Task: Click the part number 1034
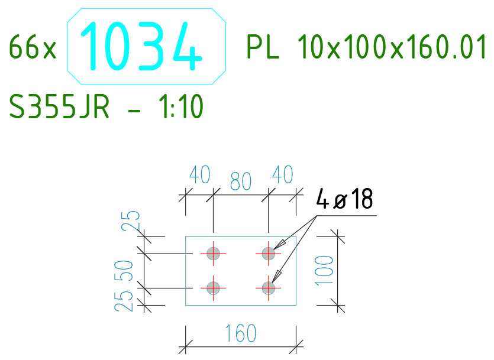click(x=141, y=46)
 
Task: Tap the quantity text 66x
click(x=33, y=47)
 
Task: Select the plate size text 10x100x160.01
click(x=392, y=47)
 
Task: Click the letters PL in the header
click(x=263, y=47)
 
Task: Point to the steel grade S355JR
click(x=59, y=106)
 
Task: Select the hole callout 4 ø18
click(x=344, y=199)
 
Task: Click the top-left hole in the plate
click(x=214, y=254)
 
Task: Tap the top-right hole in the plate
click(x=269, y=254)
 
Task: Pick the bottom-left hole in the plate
click(x=214, y=288)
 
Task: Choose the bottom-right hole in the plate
click(x=269, y=288)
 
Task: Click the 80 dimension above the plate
click(x=241, y=181)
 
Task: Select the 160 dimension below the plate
click(x=241, y=333)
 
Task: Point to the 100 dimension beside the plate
click(x=324, y=271)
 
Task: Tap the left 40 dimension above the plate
click(x=200, y=174)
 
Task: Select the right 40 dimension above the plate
click(x=283, y=174)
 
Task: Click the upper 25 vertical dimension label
click(x=131, y=220)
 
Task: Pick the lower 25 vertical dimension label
click(x=124, y=301)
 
